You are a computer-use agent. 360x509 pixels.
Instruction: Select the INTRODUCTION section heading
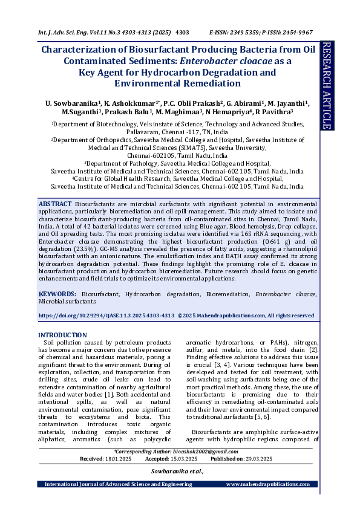62,335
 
